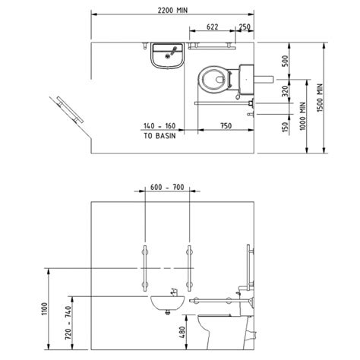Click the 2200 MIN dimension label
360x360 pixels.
[172, 11]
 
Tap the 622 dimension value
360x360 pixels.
[212, 27]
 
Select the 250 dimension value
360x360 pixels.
[245, 27]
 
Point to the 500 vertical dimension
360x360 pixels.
[285, 61]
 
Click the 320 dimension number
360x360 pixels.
[285, 91]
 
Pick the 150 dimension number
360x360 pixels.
[285, 127]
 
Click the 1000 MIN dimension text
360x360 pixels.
[303, 116]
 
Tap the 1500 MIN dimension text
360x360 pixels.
[320, 98]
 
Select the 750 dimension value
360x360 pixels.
[226, 126]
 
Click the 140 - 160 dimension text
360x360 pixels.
[159, 126]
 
